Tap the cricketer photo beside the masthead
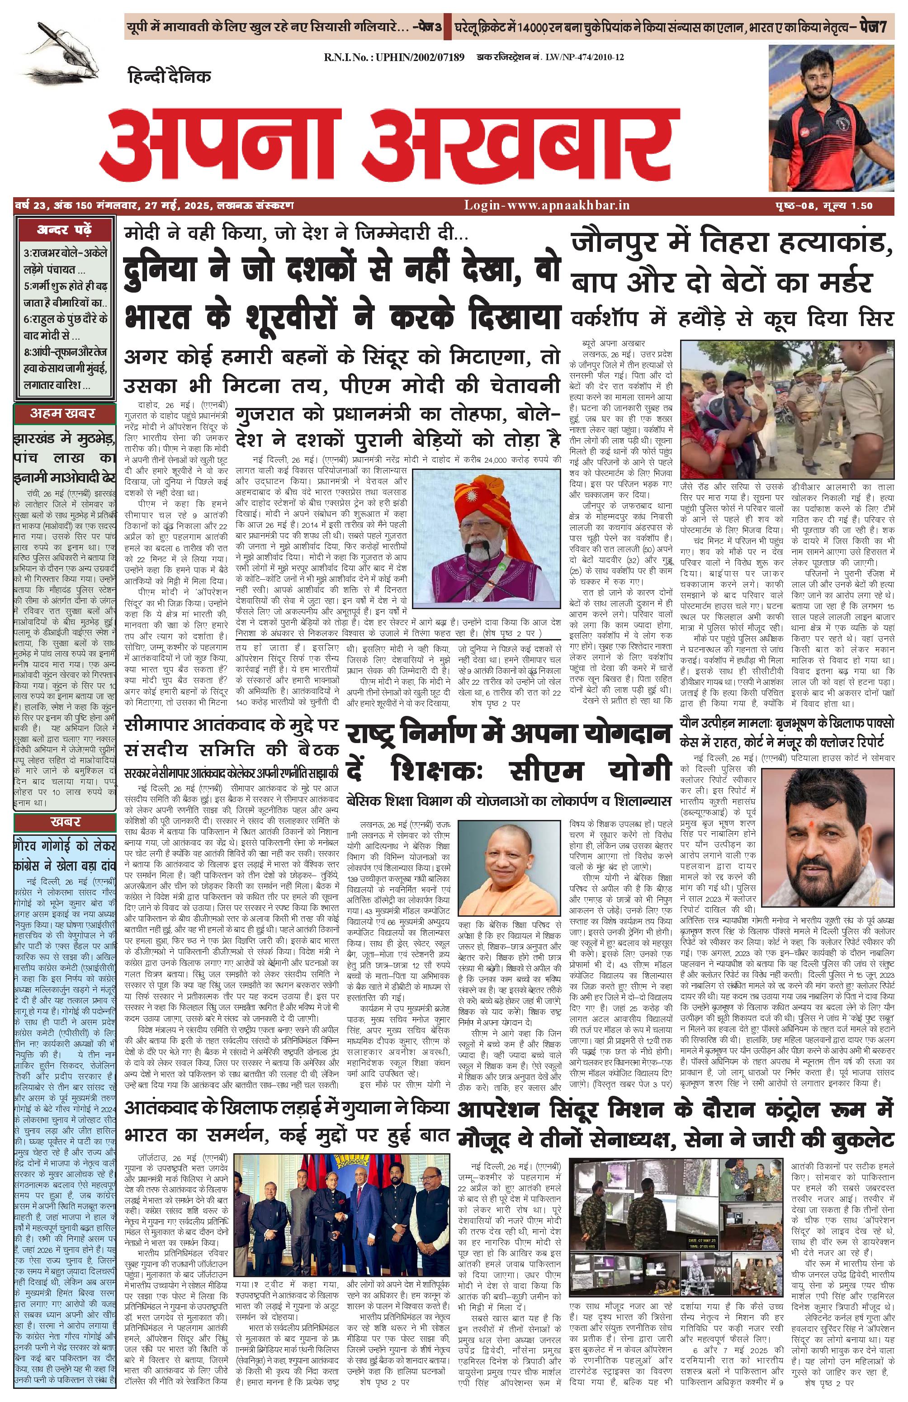[830, 118]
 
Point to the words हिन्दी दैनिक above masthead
[169, 76]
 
